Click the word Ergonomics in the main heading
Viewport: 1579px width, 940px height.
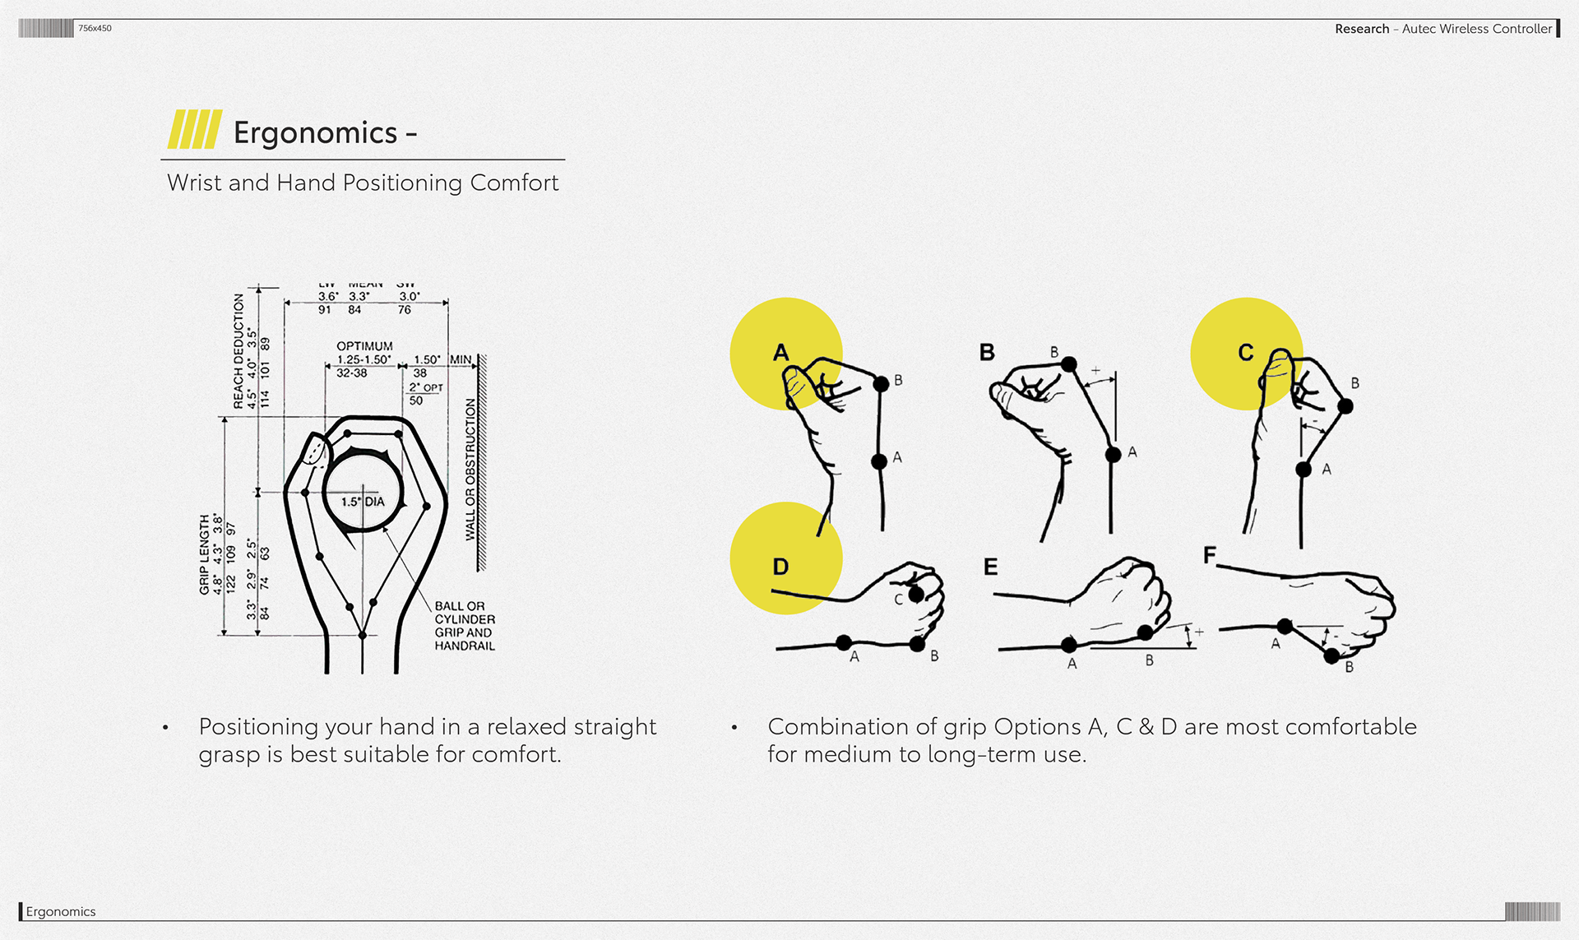pyautogui.click(x=315, y=133)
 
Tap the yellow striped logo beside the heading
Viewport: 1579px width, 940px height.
pyautogui.click(x=194, y=130)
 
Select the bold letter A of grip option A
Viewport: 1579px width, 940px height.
pyautogui.click(x=780, y=353)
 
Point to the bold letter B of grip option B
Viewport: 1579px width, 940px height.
pyautogui.click(x=987, y=353)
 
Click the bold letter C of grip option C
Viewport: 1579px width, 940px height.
pyautogui.click(x=1246, y=353)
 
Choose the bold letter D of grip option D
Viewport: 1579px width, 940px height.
pyautogui.click(x=780, y=567)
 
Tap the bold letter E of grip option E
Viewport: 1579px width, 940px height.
pyautogui.click(x=990, y=567)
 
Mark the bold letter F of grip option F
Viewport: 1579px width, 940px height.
pyautogui.click(x=1209, y=556)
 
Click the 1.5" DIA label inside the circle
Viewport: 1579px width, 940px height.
pyautogui.click(x=363, y=502)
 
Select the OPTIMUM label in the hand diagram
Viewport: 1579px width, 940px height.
pyautogui.click(x=364, y=346)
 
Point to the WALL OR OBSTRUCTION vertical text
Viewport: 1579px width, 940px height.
pyautogui.click(x=470, y=470)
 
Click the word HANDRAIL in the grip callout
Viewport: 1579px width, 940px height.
pyautogui.click(x=465, y=646)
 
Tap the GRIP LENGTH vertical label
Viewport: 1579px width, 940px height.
pyautogui.click(x=204, y=554)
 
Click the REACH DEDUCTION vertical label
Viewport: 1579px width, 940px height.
pyautogui.click(x=238, y=351)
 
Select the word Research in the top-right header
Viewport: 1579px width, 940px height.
pyautogui.click(x=1362, y=29)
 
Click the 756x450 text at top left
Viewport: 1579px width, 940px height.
pyautogui.click(x=95, y=28)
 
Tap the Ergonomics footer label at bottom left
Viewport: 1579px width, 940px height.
pyautogui.click(x=61, y=911)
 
